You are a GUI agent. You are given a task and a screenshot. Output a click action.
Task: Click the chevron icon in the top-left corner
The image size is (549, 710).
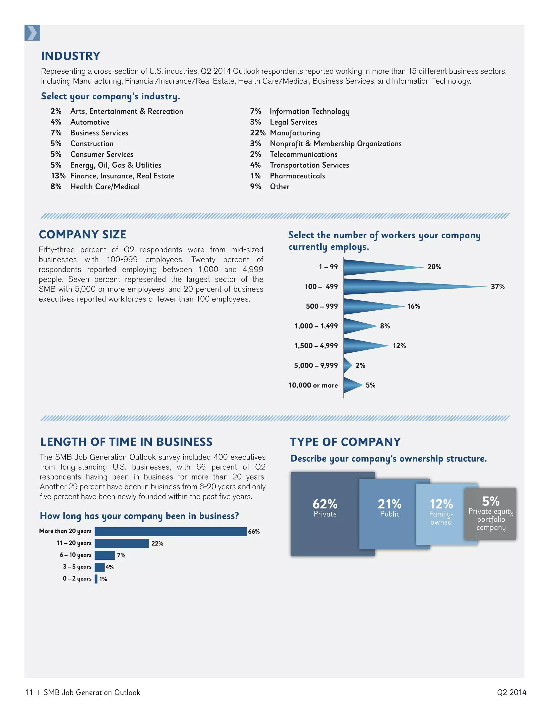pos(32,33)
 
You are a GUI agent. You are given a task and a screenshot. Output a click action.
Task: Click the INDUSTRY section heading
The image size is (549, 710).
pos(71,56)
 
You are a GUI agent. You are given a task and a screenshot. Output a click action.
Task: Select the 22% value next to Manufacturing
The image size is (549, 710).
pos(257,133)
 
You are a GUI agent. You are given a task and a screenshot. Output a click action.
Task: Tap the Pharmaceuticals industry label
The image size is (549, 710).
pos(297,176)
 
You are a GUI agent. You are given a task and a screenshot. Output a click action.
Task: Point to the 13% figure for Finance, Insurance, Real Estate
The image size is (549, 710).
pos(58,176)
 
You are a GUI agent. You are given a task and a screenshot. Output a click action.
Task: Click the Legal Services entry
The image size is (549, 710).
pos(293,122)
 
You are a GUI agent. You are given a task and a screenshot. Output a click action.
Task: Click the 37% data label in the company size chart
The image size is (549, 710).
pos(497,287)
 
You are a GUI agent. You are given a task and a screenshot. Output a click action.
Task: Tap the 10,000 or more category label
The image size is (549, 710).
pos(313,385)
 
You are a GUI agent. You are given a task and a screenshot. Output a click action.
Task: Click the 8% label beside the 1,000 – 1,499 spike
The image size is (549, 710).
pos(385,326)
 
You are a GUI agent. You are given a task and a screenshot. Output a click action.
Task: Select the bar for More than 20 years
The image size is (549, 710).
pos(170,532)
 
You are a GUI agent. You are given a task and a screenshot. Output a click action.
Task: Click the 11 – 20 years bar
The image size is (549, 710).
pos(122,543)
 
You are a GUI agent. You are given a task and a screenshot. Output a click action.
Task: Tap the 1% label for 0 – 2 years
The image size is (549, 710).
pos(103,579)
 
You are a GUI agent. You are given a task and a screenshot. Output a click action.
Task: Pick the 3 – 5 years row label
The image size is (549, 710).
pos(77,567)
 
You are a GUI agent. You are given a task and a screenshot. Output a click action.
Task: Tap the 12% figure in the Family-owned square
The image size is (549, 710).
pos(441,504)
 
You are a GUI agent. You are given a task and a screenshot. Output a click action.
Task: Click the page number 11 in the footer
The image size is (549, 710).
pos(29,692)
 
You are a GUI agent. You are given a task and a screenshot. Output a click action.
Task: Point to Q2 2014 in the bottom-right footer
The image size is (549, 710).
pos(511,692)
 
